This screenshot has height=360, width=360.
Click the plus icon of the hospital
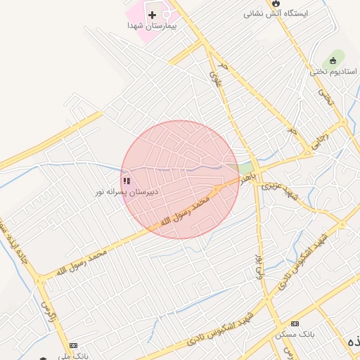(152, 15)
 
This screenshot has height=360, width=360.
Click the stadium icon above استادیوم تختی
(334, 61)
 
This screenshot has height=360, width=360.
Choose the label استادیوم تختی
(334, 72)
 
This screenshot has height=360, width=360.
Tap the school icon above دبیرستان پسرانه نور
(126, 181)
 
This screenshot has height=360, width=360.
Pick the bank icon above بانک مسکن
(295, 323)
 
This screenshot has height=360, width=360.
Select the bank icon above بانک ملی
(73, 345)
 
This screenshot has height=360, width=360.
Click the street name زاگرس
(46, 309)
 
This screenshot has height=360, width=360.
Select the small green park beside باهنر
(245, 169)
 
